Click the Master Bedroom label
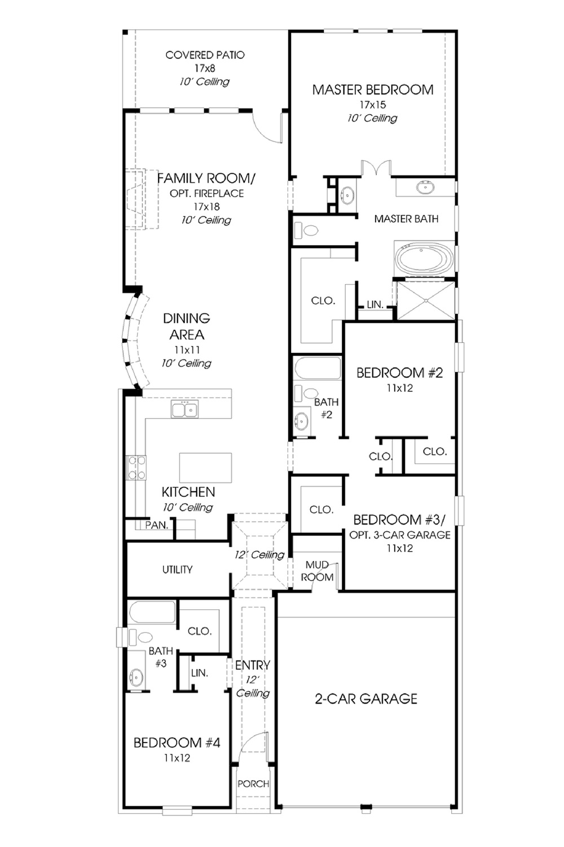pos(372,90)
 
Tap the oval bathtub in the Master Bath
pos(424,259)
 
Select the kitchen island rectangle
pos(205,468)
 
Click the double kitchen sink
pos(185,409)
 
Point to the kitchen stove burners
pos(136,468)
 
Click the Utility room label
pos(177,569)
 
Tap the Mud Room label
pos(317,571)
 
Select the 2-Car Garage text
pos(366,698)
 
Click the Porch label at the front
pos(253,784)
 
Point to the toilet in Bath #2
pos(306,393)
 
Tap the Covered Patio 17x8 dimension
pos(205,68)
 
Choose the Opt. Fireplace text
pos(206,193)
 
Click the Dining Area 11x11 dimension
pos(187,350)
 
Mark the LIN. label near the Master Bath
pos(375,304)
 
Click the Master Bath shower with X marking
pos(426,300)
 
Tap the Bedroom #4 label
pos(177,743)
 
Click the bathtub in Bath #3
pos(152,612)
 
